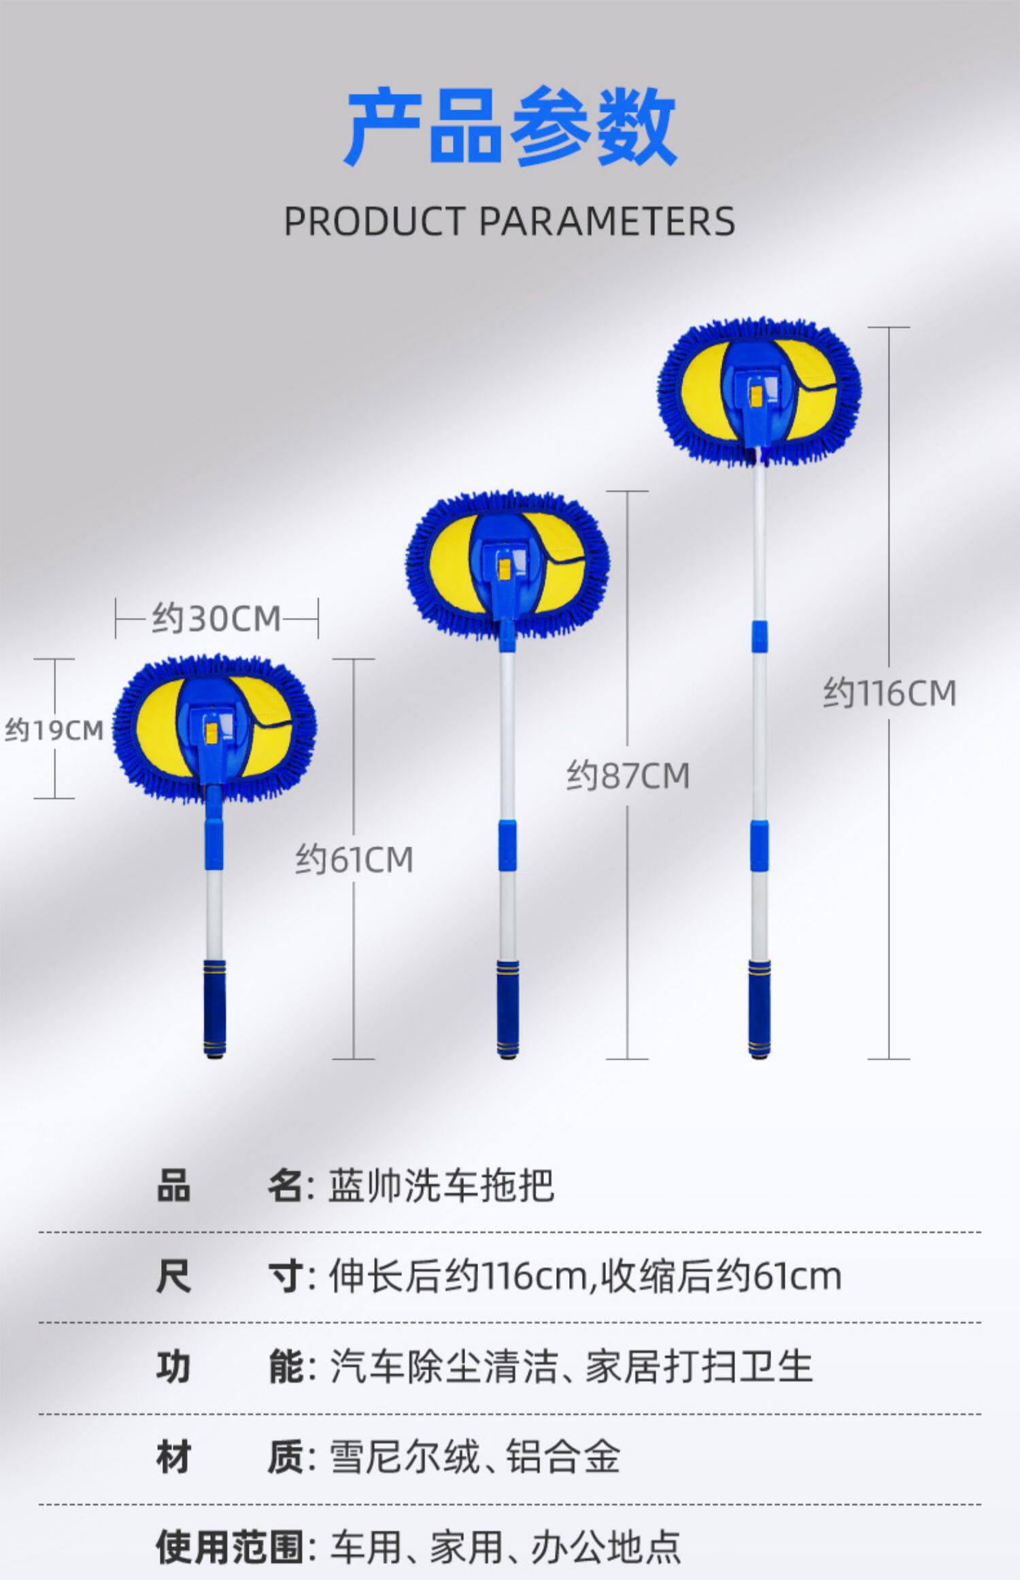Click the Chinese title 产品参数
click(x=510, y=127)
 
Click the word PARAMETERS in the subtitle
click(x=607, y=221)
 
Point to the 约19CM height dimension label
click(x=54, y=731)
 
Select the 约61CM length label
click(x=354, y=859)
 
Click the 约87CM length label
click(x=628, y=776)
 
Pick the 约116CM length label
click(x=889, y=693)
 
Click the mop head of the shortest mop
click(x=214, y=727)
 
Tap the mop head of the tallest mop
click(x=759, y=391)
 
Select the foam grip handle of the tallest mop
click(x=760, y=1007)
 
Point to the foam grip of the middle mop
click(x=507, y=1007)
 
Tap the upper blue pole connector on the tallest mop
click(x=760, y=636)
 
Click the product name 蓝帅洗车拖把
click(x=441, y=1187)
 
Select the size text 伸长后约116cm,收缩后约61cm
click(x=585, y=1277)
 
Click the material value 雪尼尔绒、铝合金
click(x=475, y=1457)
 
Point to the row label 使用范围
click(x=230, y=1547)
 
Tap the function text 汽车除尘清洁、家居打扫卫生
click(x=571, y=1366)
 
